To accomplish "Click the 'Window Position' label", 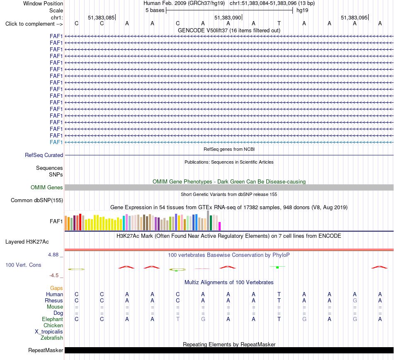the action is coord(43,3).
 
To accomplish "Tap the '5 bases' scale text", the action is coord(155,10).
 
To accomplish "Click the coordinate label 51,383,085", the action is coord(101,17).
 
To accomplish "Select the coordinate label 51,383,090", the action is coord(228,17).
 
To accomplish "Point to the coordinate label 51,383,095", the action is coord(354,17).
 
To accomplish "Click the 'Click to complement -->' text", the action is coord(34,24).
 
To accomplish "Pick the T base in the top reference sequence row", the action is coord(279,23).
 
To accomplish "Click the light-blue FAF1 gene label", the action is coord(56,143).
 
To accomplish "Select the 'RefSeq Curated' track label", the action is coord(44,155).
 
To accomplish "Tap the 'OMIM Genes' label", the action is coord(46,188).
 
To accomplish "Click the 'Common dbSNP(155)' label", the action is coord(36,201).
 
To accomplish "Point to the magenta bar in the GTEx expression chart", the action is coord(220,226).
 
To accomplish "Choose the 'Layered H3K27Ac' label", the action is coord(27,242).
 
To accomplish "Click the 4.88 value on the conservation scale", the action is coord(53,255).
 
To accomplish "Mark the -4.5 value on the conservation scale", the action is coord(54,275).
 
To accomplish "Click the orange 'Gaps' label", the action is coord(56,288).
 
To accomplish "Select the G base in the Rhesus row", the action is coord(355,300).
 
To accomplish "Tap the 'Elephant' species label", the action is coord(52,319).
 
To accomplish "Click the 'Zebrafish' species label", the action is coord(52,338).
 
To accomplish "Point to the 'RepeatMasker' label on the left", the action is coord(46,350).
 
